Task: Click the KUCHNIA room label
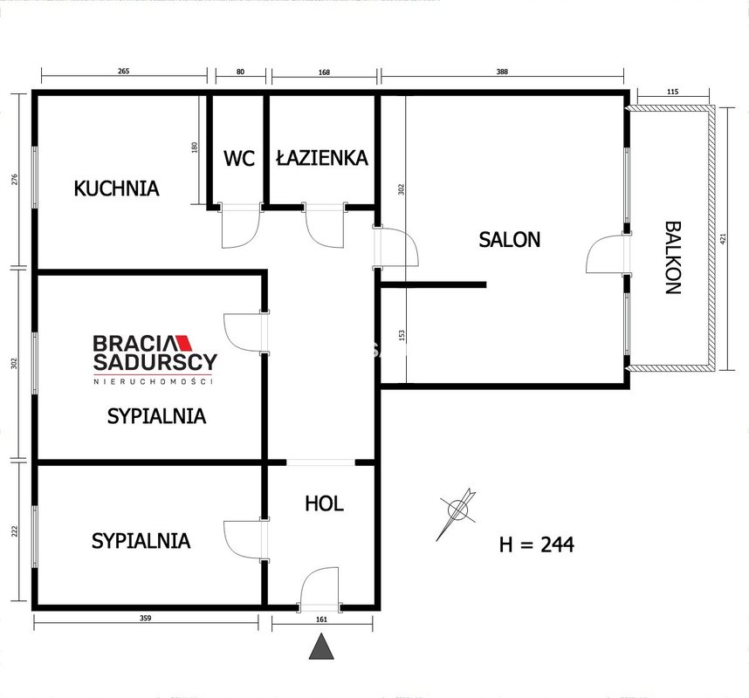(117, 188)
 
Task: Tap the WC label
(239, 159)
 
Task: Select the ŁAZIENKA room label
(322, 158)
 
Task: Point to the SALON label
(509, 240)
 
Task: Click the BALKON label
(673, 257)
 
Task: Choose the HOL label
(325, 503)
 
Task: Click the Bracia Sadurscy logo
(155, 359)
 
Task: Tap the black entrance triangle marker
(321, 647)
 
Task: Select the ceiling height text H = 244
(536, 544)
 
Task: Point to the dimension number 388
(502, 72)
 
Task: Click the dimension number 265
(123, 72)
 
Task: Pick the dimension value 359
(145, 619)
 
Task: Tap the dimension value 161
(321, 619)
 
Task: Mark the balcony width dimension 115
(672, 92)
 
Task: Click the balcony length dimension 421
(722, 239)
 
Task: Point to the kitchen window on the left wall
(34, 177)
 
